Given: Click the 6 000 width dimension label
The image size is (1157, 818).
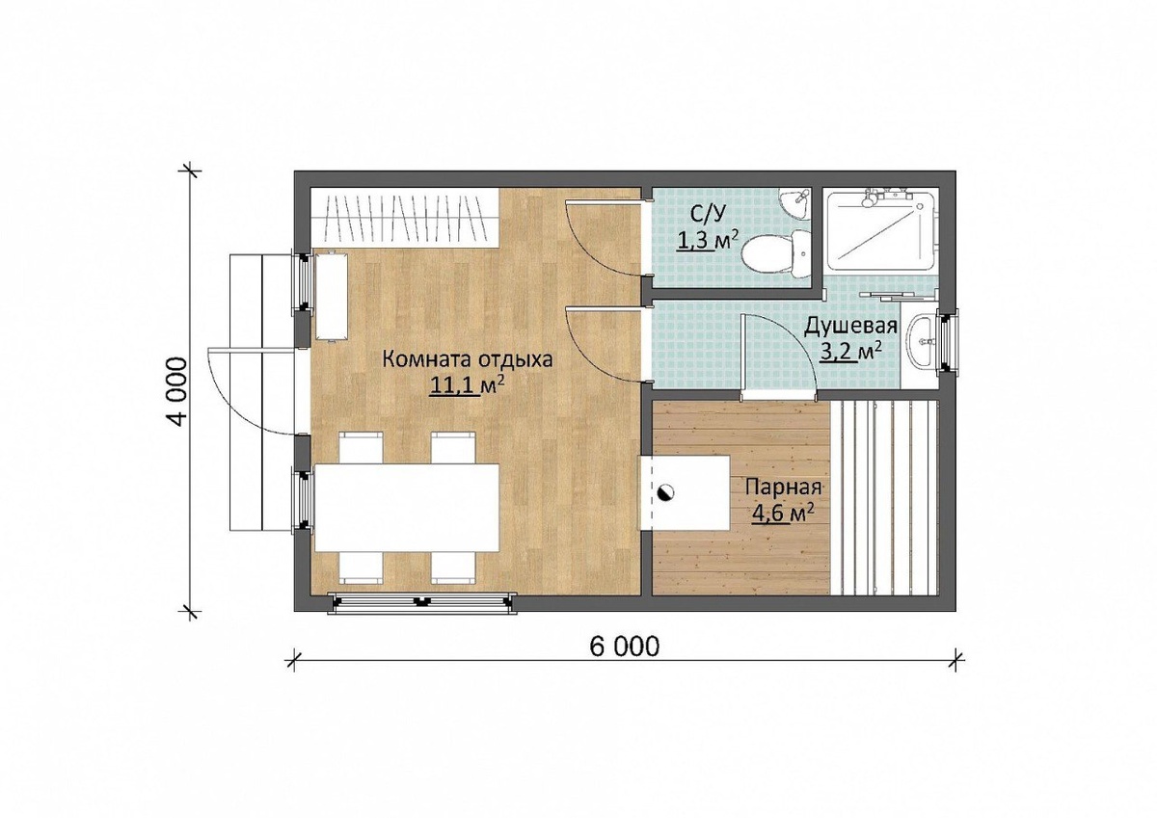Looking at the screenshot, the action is tap(625, 646).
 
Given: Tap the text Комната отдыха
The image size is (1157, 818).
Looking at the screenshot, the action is tap(467, 359).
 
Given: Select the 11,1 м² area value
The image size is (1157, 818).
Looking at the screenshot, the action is tap(467, 386).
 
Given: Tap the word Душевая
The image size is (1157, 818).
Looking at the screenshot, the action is tap(850, 328).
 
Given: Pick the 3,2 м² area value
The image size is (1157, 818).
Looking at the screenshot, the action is tap(850, 353).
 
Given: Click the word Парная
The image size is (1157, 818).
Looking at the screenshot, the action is tap(784, 488).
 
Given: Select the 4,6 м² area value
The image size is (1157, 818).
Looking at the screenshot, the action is tap(783, 514).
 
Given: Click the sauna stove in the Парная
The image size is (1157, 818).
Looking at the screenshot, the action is tap(685, 492).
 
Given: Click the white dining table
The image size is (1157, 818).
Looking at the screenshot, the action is tap(407, 508).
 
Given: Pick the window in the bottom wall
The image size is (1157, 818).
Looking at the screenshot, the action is tap(422, 603).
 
